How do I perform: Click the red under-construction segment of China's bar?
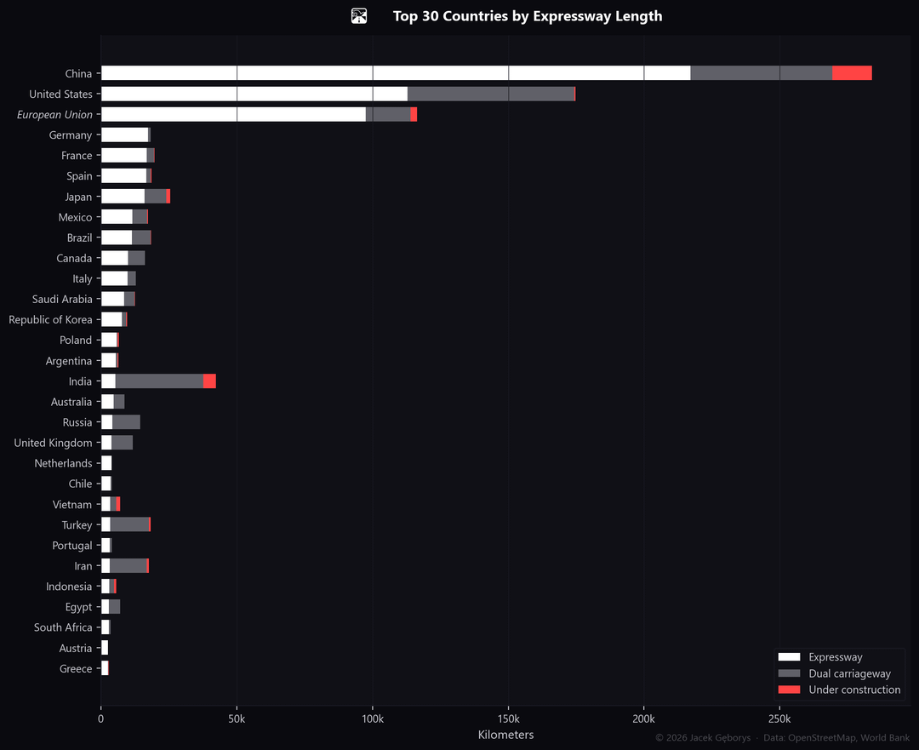point(852,73)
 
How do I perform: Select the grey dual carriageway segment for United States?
point(491,94)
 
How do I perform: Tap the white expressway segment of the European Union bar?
point(233,114)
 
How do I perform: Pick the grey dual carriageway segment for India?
point(159,381)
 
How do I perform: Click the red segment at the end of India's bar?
point(209,381)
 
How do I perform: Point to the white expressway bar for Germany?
point(124,135)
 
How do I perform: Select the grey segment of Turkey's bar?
point(129,524)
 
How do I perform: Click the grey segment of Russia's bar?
point(126,422)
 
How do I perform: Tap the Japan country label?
point(78,197)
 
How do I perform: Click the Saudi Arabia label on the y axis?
point(62,299)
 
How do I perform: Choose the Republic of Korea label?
point(50,319)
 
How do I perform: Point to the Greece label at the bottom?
point(76,668)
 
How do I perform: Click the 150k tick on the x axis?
point(508,719)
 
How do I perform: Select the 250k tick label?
point(779,719)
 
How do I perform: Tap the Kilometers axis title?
point(505,735)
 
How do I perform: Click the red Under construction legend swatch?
point(789,689)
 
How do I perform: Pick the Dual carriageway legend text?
point(849,673)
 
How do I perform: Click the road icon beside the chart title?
point(359,16)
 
